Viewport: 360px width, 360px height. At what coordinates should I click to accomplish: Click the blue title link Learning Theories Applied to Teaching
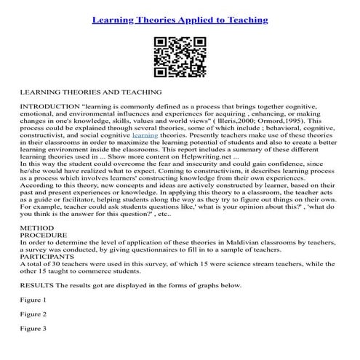180,20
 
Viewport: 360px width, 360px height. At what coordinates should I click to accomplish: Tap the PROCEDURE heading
44,256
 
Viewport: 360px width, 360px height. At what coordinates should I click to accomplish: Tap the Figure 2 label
33,335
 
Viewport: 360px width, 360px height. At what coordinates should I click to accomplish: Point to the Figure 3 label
33,348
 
